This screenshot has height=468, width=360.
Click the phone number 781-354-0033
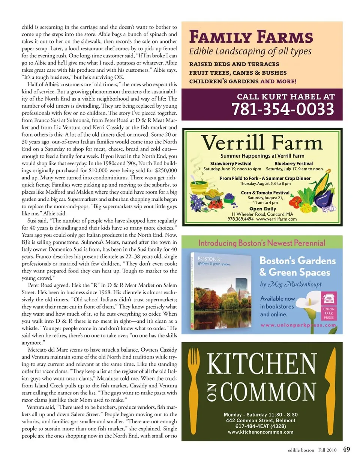point(283,109)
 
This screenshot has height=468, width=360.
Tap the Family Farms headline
point(251,37)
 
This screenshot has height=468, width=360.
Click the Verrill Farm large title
point(262,142)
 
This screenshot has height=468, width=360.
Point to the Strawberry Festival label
point(231,164)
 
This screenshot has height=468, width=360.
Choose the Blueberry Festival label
point(294,164)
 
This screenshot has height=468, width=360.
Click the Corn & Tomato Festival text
point(265,193)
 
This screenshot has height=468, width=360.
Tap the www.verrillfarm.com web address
point(276,219)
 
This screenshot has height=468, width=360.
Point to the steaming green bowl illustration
point(198,184)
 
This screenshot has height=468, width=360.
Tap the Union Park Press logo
point(329,306)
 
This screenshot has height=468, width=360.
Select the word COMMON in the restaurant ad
point(268,392)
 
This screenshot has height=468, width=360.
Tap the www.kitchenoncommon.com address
point(261,432)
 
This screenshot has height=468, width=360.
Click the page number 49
point(346,450)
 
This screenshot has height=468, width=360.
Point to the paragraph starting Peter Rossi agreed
point(99,314)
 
